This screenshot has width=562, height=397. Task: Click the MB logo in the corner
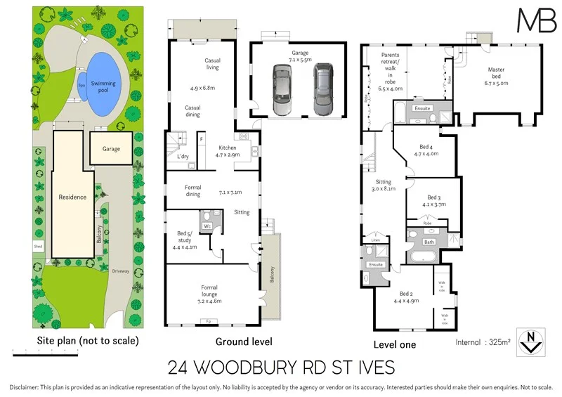pos(536,20)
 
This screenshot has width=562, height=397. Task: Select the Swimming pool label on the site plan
pos(103,87)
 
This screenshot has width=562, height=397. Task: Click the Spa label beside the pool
pos(82,84)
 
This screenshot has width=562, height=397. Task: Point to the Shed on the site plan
pos(37,246)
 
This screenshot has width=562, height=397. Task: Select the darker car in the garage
pos(322,90)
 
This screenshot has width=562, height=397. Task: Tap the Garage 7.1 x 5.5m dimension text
pos(300,57)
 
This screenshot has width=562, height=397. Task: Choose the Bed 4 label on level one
pos(426,150)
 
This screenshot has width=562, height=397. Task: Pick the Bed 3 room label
pos(434,201)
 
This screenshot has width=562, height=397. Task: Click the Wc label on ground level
pos(208,226)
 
